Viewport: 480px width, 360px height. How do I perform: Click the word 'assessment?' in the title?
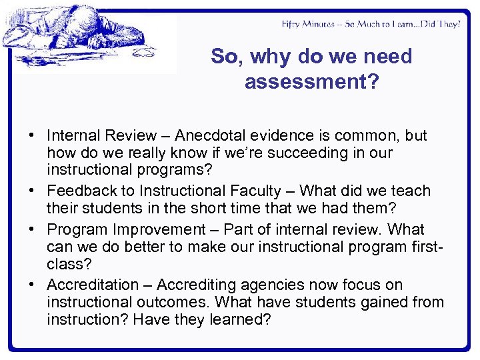point(311,82)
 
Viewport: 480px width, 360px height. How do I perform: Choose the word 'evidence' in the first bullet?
point(262,135)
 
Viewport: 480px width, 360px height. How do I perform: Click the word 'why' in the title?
point(273,57)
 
